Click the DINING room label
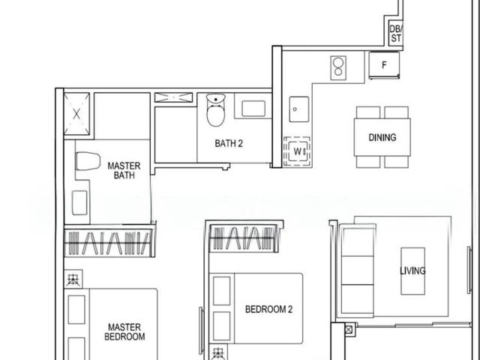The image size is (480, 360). tap(382, 138)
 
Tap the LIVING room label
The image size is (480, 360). tap(412, 271)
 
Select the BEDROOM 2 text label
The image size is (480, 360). tap(268, 308)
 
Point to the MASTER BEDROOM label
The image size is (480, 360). tap(125, 332)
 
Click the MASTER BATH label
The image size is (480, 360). tap(124, 170)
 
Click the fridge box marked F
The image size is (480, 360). tap(385, 64)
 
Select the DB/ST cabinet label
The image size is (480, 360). tap(396, 34)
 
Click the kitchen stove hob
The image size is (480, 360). tap(339, 67)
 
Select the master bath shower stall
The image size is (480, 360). tap(77, 115)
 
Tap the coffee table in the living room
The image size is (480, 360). tap(413, 271)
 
